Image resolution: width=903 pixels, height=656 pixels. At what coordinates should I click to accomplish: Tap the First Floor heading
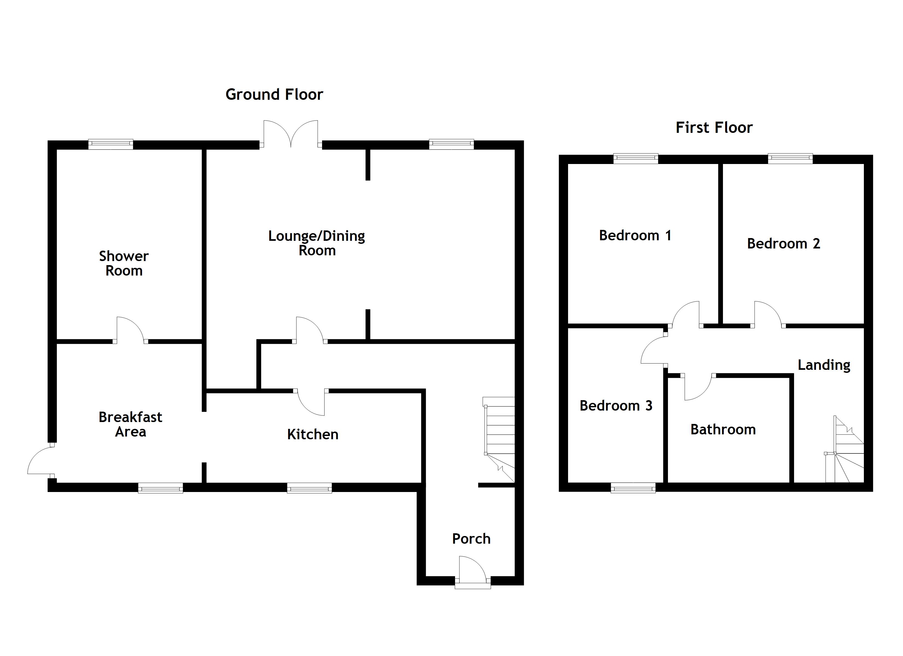coord(714,128)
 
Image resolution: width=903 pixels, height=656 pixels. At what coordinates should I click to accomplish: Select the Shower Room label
coord(124,263)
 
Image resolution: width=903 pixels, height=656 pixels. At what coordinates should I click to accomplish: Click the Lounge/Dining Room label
coord(317,243)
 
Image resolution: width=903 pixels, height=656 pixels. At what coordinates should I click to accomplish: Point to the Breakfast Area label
coord(130,424)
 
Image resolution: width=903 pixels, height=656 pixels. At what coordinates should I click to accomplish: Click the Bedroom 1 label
coord(635,236)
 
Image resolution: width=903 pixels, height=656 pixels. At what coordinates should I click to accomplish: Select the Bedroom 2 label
coord(783,244)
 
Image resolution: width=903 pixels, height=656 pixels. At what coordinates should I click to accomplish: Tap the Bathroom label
coord(723,430)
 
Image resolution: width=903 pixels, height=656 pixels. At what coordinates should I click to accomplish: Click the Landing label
coord(824,365)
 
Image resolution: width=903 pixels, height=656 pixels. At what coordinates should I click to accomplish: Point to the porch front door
coord(473,573)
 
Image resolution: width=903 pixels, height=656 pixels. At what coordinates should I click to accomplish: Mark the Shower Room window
coord(111,144)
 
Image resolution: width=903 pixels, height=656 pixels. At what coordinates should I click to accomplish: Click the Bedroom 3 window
coord(633,487)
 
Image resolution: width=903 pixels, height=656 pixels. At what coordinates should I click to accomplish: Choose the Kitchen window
coord(309,488)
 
